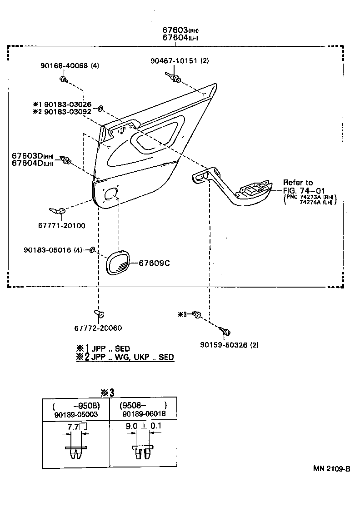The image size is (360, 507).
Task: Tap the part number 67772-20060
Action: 98,328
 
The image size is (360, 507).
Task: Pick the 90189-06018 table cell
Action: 144,414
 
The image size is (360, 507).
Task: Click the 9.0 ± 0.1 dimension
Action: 143,426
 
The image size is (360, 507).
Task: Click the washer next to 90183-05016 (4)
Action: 92,250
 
